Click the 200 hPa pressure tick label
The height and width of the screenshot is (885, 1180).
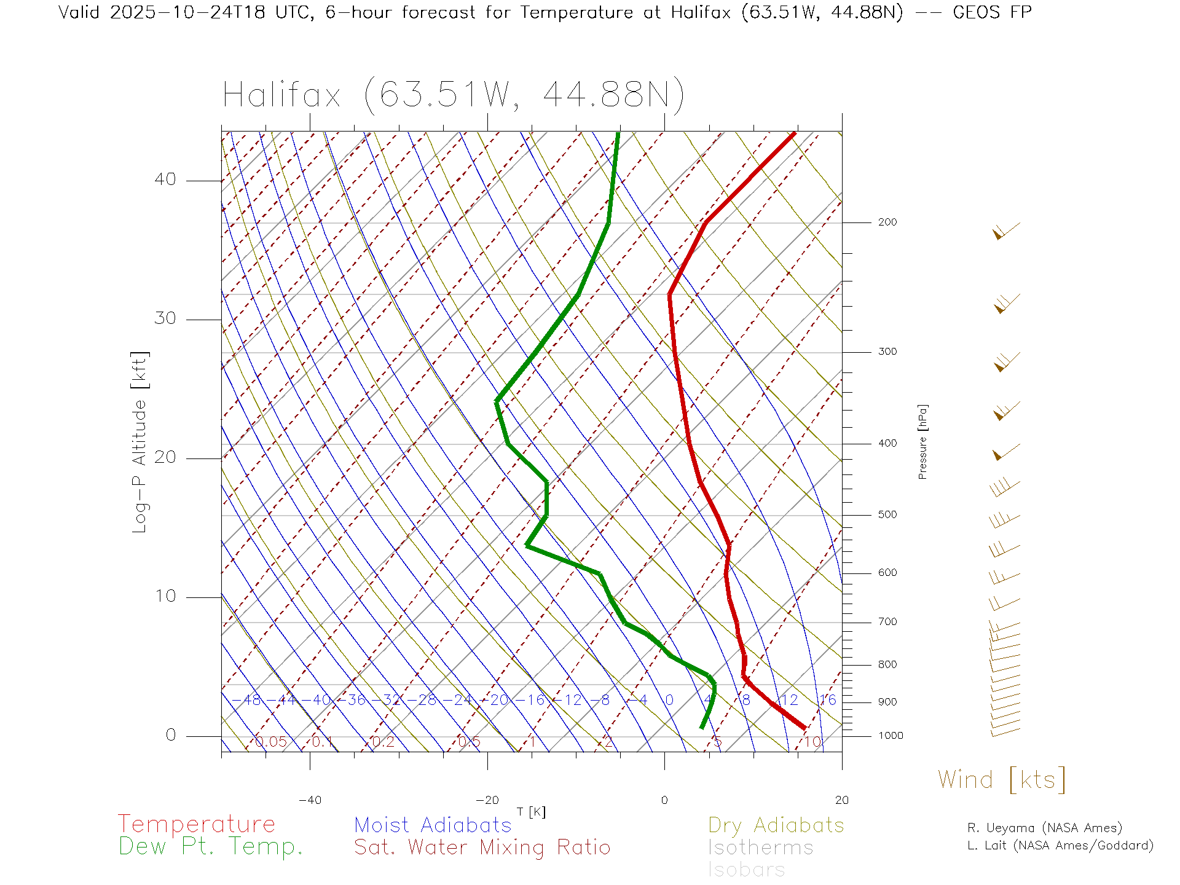point(887,222)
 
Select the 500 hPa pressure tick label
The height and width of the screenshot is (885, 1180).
point(887,515)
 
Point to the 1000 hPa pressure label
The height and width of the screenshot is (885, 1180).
point(890,736)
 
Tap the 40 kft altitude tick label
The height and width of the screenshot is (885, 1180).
point(165,179)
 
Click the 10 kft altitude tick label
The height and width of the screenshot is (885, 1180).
point(165,596)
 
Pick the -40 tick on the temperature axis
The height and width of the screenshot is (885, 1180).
point(310,800)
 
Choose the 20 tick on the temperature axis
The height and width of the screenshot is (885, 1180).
point(841,800)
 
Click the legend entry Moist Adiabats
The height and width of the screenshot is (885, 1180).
point(433,825)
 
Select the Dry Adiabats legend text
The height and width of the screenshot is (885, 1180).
point(776,825)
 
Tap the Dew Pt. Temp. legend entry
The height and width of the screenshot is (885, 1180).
point(211,847)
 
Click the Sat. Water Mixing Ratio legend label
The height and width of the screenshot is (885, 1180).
point(482,848)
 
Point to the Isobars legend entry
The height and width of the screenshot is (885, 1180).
point(746,870)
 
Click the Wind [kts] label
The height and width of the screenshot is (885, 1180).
point(1001,780)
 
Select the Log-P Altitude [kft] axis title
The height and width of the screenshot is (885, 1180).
point(140,442)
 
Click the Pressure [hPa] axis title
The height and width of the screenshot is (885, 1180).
point(922,441)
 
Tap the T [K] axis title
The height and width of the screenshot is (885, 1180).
point(531,812)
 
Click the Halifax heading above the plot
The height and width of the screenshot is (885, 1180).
point(453,95)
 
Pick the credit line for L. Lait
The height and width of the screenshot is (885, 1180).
point(1060,846)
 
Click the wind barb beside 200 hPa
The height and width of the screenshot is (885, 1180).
point(1005,231)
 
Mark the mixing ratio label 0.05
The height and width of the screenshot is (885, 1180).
point(271,742)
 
